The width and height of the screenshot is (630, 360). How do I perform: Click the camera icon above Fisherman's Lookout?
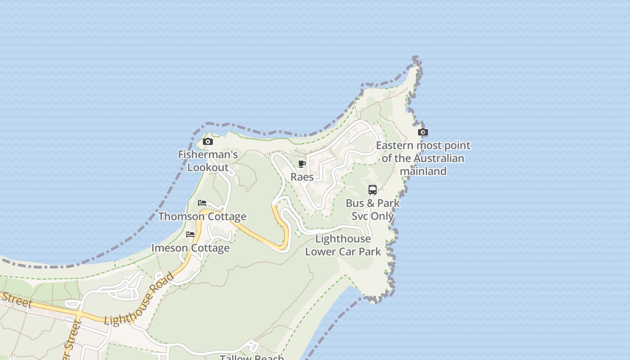[x=207, y=142]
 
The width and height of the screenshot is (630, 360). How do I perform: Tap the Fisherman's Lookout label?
[x=208, y=161]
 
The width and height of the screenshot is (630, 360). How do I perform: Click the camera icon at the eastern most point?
[x=423, y=132]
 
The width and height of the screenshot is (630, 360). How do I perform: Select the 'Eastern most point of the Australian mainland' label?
[x=423, y=158]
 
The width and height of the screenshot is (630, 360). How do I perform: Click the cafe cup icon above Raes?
[x=302, y=164]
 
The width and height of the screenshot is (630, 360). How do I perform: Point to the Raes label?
[x=302, y=177]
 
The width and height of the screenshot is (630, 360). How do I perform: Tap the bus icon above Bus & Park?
[x=373, y=190]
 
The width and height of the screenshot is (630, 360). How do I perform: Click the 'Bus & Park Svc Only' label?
[x=373, y=209]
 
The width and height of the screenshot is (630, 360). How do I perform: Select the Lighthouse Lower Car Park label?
[x=343, y=245]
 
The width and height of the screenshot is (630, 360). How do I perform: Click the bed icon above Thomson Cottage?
[x=202, y=203]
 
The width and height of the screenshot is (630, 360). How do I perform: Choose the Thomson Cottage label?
[x=202, y=216]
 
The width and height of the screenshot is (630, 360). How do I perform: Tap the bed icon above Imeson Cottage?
[x=190, y=234]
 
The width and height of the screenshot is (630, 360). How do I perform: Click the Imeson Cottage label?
[x=190, y=248]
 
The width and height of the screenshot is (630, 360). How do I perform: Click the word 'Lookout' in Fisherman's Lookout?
[x=208, y=167]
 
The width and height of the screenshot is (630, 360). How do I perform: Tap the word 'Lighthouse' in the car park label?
[x=343, y=238]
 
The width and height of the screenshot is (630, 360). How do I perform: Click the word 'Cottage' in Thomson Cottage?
[x=227, y=216]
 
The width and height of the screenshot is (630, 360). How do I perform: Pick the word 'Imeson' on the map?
[x=168, y=248]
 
